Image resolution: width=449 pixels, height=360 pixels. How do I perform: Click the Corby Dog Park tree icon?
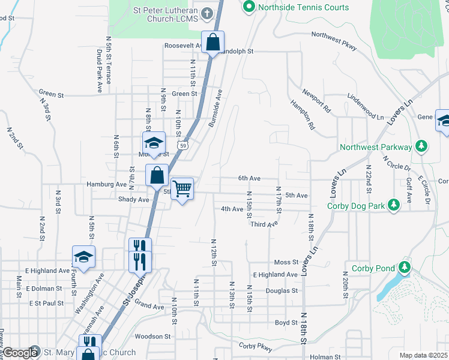click(x=394, y=205)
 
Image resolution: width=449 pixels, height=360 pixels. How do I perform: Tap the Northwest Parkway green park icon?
click(x=422, y=146)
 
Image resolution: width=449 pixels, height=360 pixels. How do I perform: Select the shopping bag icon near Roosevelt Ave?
click(x=212, y=43)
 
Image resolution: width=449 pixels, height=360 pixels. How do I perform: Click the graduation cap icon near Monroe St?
click(x=154, y=143)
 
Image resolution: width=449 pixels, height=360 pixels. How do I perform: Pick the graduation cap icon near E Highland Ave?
click(x=83, y=257)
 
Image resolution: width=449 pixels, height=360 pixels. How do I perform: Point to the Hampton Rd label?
click(x=303, y=115)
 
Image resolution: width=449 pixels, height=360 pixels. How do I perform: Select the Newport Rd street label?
click(x=317, y=101)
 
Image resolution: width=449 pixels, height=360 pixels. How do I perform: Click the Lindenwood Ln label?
click(x=366, y=106)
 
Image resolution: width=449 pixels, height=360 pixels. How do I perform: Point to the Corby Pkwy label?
click(x=256, y=347)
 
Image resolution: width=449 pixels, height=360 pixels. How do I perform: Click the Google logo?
click(x=20, y=353)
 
